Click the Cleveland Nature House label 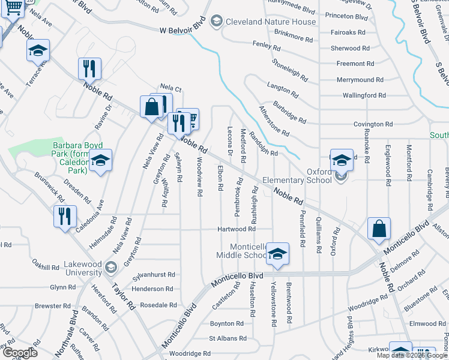point(271,22)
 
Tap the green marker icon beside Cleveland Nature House point(216,22)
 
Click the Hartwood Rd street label point(237,229)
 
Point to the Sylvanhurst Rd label point(154,274)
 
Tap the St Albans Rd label point(228,338)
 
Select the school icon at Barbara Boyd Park point(101,160)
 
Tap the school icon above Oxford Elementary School point(342,160)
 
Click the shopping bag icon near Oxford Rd point(379,229)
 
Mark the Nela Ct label point(170,89)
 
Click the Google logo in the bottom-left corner point(20,353)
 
